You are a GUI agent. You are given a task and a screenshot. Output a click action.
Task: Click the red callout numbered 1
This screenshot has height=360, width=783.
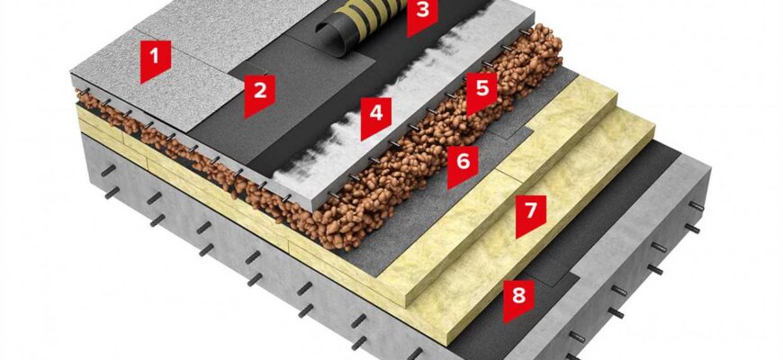pyautogui.click(x=156, y=58)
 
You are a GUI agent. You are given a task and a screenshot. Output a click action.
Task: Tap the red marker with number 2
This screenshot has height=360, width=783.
pyautogui.click(x=260, y=94)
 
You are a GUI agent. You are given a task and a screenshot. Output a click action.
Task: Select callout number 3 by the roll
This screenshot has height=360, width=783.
pyautogui.click(x=422, y=14)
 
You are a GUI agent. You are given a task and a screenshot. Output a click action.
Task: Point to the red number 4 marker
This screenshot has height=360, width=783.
pyautogui.click(x=376, y=116)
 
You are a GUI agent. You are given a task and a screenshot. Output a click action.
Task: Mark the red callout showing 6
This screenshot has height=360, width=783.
pyautogui.click(x=463, y=165)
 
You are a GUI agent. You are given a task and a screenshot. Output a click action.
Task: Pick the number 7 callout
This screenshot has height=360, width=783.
pyautogui.click(x=531, y=213)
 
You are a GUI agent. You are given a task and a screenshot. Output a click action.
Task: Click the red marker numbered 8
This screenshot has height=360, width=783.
pyautogui.click(x=518, y=299)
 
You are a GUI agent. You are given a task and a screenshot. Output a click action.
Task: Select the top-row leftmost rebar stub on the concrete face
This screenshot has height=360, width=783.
pyautogui.click(x=108, y=170)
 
